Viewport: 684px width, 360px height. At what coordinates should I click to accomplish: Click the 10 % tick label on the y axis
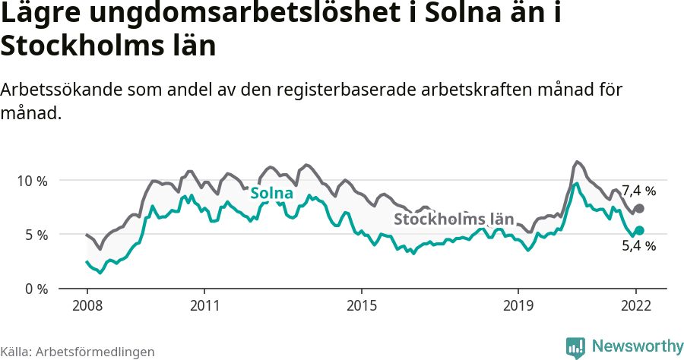[32, 181]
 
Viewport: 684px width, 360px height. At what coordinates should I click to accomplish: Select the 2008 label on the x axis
[87, 306]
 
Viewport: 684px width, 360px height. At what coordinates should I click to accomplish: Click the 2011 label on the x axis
[204, 306]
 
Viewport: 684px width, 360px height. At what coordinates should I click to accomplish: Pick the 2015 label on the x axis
[362, 306]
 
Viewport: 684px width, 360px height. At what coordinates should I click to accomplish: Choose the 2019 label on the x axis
[518, 306]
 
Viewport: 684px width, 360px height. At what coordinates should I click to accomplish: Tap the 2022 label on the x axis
[636, 306]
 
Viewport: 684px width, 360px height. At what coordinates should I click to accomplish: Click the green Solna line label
[271, 194]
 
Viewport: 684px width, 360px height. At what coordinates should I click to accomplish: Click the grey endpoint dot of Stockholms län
[639, 208]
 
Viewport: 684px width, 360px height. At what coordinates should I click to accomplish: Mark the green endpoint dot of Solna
[639, 230]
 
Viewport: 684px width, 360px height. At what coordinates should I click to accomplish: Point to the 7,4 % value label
[638, 191]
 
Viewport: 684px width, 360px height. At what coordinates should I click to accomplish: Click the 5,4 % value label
[638, 246]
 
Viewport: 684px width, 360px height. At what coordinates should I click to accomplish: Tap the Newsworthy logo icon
[575, 347]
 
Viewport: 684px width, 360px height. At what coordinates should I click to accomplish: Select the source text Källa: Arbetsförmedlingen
[78, 352]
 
